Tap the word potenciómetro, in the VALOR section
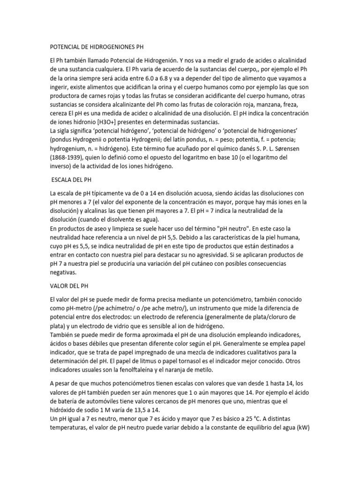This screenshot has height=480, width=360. tap(213, 299)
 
